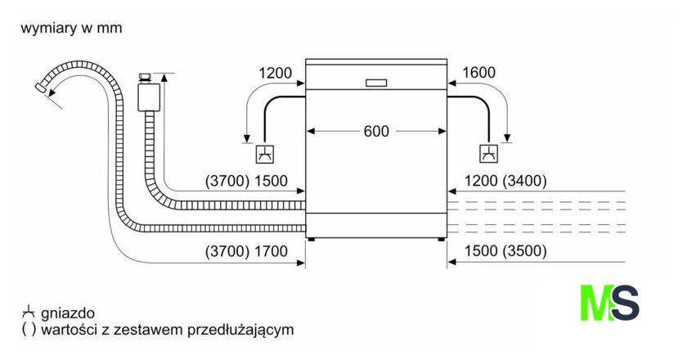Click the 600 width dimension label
click(376, 131)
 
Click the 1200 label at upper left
click(275, 73)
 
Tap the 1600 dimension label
click(478, 73)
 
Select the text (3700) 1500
click(245, 181)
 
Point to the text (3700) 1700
click(245, 252)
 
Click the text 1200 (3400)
click(505, 181)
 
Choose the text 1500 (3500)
click(505, 252)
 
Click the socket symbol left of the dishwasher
click(264, 153)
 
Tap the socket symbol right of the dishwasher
click(488, 153)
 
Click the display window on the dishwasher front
click(376, 82)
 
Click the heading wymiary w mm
click(71, 29)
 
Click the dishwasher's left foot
click(312, 239)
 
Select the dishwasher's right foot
click(442, 239)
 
